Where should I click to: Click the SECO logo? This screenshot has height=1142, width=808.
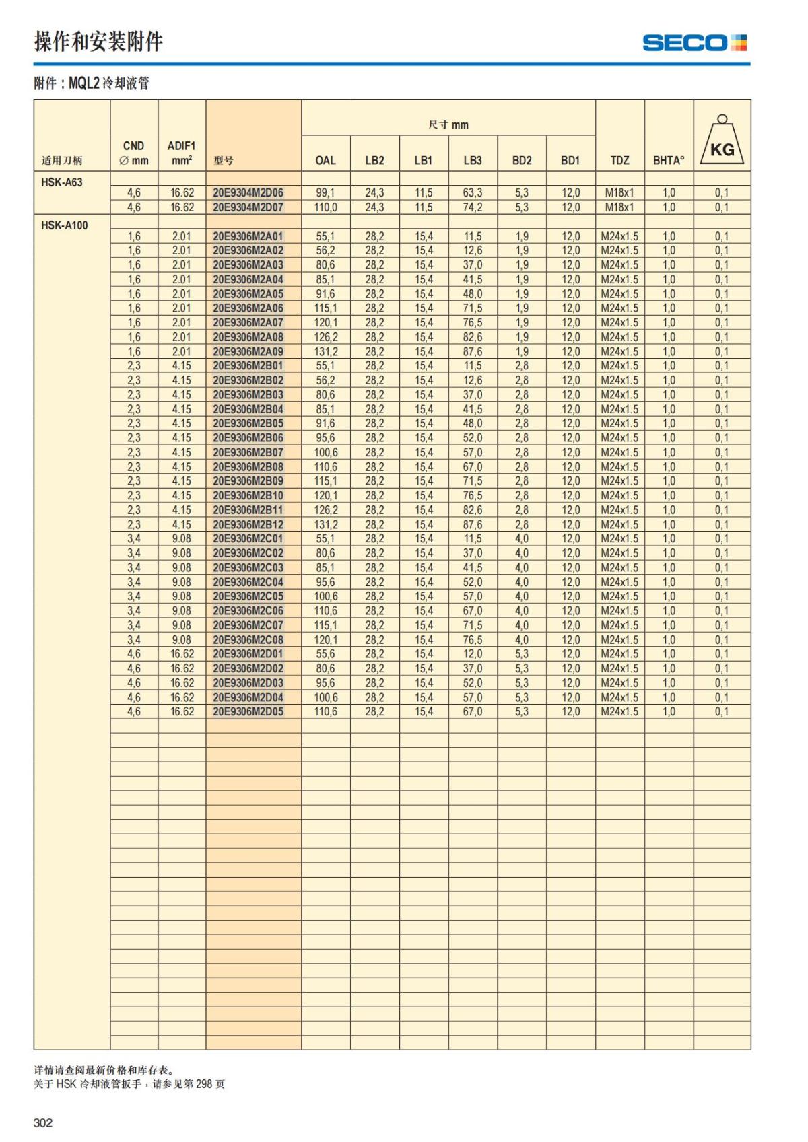click(x=694, y=43)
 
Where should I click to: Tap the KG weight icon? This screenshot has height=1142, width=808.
click(x=722, y=141)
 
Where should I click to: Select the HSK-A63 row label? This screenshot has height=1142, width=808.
click(x=62, y=182)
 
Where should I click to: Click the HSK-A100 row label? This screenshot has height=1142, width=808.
click(x=65, y=225)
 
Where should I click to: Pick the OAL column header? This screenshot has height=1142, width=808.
click(x=325, y=160)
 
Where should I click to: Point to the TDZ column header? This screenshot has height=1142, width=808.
click(x=619, y=160)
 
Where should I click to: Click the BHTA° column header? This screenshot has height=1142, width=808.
click(x=668, y=160)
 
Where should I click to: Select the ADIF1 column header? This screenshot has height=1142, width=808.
click(x=181, y=153)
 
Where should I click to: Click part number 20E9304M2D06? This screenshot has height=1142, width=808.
click(x=248, y=192)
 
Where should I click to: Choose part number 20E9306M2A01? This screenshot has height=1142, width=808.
click(x=248, y=236)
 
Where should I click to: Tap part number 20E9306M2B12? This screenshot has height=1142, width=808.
click(x=248, y=524)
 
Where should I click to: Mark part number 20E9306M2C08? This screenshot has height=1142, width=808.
click(x=248, y=639)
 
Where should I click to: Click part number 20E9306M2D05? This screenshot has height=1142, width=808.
click(x=248, y=711)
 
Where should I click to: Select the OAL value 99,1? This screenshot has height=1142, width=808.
click(x=325, y=192)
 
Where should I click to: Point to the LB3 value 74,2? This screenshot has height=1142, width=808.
click(x=472, y=207)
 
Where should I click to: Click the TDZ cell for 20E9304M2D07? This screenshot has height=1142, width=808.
click(x=619, y=207)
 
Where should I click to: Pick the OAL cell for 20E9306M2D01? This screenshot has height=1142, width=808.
click(x=325, y=653)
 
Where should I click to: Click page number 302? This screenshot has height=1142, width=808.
click(x=43, y=1122)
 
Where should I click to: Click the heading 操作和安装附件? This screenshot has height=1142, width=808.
click(x=98, y=42)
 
